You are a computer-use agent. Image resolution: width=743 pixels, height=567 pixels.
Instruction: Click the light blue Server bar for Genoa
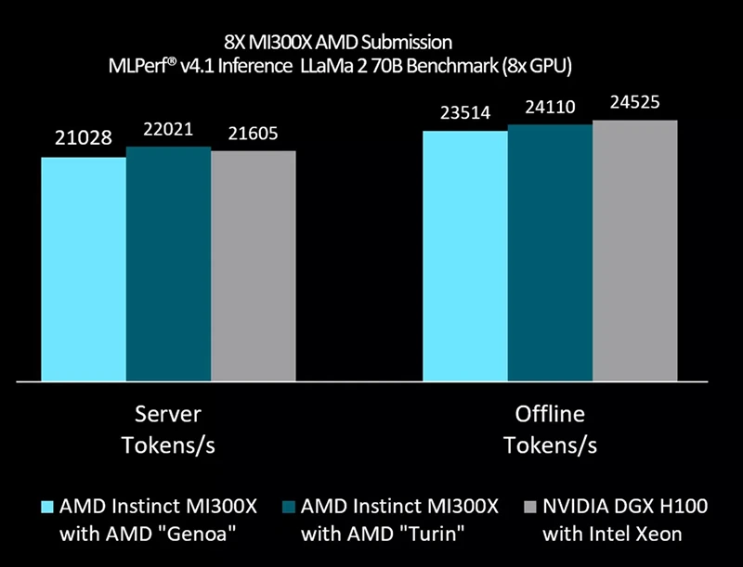tap(84, 269)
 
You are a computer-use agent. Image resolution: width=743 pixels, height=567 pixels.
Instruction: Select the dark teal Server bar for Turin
tap(168, 264)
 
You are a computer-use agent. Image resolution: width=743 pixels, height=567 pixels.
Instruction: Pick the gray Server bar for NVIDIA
tap(253, 266)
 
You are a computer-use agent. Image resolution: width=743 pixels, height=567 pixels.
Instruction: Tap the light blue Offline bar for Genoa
tap(465, 256)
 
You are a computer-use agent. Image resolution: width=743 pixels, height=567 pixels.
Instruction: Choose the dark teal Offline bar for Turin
tap(550, 253)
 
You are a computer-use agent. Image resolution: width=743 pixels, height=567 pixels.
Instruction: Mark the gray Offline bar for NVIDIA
tap(635, 251)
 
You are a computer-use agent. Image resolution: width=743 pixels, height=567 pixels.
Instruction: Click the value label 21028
tap(83, 138)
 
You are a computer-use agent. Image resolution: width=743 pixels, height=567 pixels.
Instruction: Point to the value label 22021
tap(167, 129)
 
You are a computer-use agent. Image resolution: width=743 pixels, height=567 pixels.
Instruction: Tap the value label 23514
tap(465, 113)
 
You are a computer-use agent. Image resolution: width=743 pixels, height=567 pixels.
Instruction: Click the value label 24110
tap(550, 109)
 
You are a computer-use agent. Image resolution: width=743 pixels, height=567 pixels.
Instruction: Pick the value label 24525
tap(635, 103)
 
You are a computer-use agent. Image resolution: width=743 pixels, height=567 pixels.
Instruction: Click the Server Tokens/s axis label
tap(168, 429)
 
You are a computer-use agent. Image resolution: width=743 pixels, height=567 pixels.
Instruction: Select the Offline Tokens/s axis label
tap(550, 429)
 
